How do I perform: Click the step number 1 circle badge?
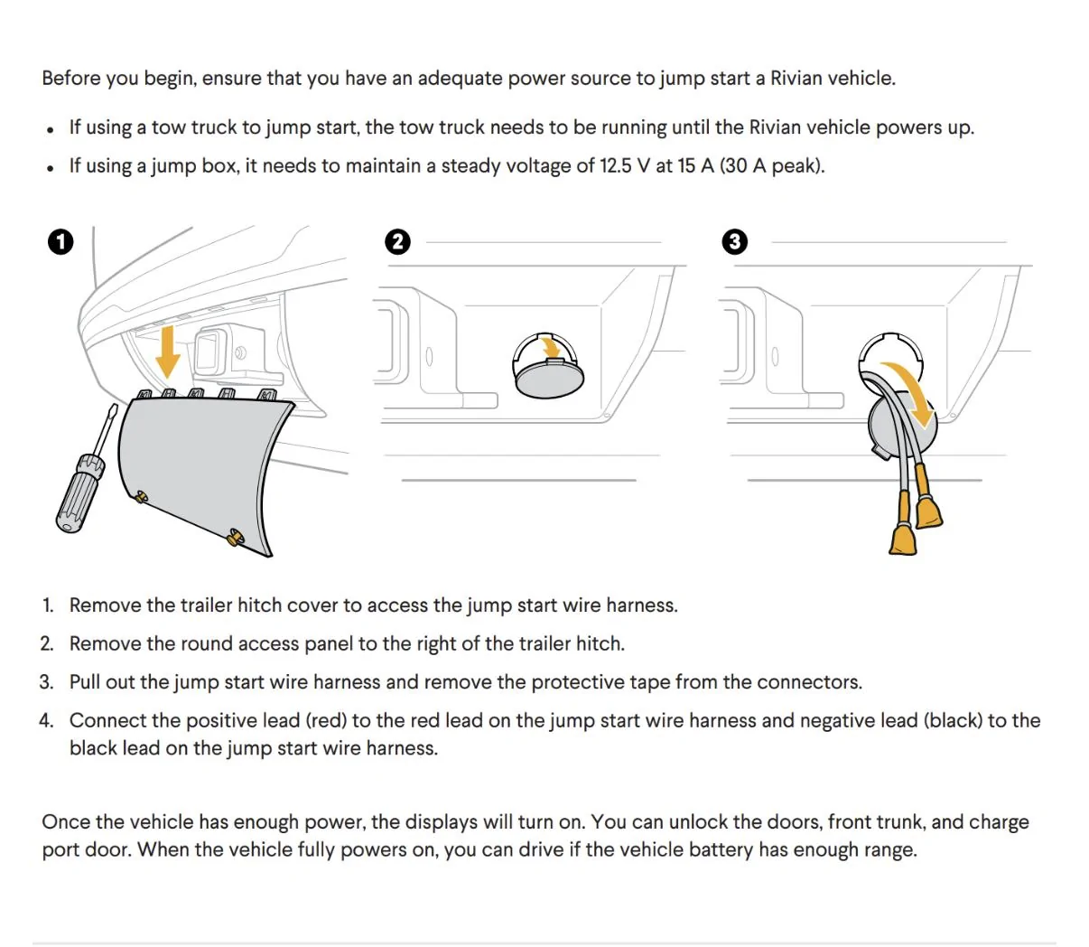pyautogui.click(x=60, y=242)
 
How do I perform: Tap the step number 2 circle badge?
pyautogui.click(x=397, y=242)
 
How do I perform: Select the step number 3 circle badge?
pyautogui.click(x=734, y=242)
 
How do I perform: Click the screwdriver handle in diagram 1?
pyautogui.click(x=79, y=492)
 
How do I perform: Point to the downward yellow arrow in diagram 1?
pyautogui.click(x=168, y=352)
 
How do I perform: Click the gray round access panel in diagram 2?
pyautogui.click(x=549, y=377)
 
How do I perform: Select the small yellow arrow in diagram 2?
pyautogui.click(x=550, y=349)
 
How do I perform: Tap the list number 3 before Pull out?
pyautogui.click(x=46, y=682)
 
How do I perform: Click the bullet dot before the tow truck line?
pyautogui.click(x=50, y=129)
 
